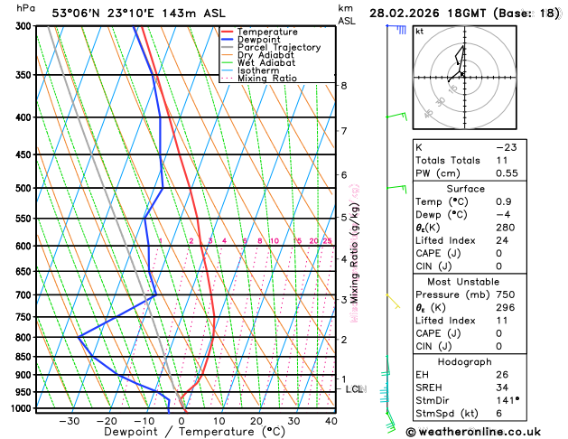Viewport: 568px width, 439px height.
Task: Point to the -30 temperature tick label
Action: [x=69, y=420]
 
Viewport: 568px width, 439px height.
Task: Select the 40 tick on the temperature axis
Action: [x=331, y=420]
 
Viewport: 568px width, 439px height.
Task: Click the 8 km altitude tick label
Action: [x=344, y=86]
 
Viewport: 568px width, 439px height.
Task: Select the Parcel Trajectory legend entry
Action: [x=278, y=48]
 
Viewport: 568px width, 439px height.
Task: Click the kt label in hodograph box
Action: [x=420, y=31]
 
